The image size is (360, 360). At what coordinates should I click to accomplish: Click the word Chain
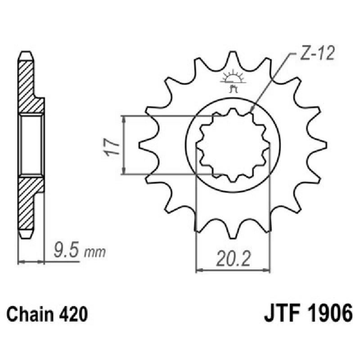[x=32, y=314]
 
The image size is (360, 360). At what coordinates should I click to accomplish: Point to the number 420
[x=72, y=314]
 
